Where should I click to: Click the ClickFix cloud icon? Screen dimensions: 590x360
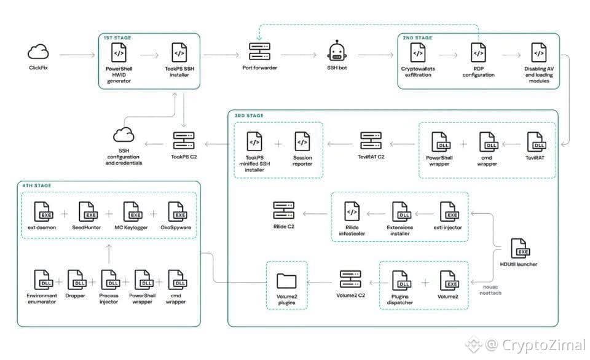click(38, 52)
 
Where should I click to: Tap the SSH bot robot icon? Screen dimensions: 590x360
click(337, 51)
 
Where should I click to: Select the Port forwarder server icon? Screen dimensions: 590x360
click(259, 52)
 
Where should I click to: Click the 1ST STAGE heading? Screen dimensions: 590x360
click(117, 38)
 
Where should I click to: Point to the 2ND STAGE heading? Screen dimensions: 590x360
click(417, 38)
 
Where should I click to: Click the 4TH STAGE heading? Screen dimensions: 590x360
click(36, 186)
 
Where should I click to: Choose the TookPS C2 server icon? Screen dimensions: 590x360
click(184, 141)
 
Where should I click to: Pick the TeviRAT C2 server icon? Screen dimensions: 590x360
click(371, 141)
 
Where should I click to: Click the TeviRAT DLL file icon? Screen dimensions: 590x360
click(536, 142)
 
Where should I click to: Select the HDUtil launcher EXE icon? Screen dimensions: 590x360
click(520, 248)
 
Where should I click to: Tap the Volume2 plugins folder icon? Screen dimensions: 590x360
click(286, 281)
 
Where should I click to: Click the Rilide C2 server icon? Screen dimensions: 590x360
click(284, 210)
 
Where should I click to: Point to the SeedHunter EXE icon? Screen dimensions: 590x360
click(87, 211)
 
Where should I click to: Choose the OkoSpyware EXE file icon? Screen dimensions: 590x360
click(177, 211)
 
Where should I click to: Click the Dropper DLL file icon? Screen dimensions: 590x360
click(76, 280)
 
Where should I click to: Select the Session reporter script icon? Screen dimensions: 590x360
click(302, 141)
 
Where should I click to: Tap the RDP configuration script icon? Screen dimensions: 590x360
click(478, 52)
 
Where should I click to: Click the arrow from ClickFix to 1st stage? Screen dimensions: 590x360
click(77, 55)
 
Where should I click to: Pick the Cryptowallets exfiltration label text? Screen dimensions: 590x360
click(418, 72)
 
